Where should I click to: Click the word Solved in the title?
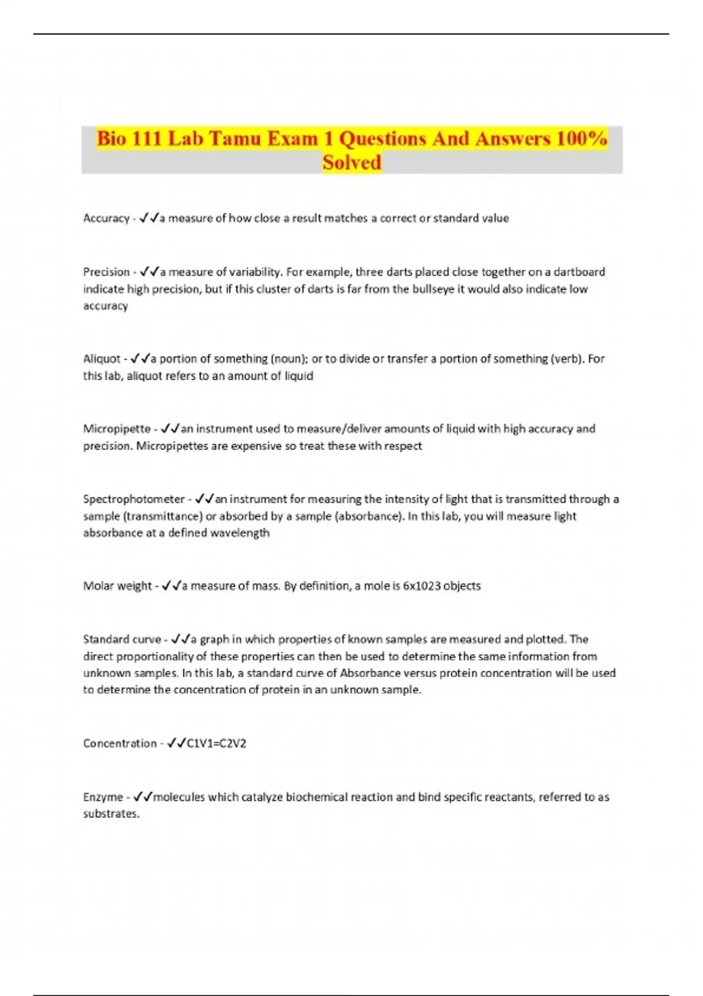coord(351,162)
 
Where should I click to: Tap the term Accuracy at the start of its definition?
coord(106,219)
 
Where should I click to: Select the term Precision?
coord(106,272)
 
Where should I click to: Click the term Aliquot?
coord(101,359)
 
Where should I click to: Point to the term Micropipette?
coord(117,429)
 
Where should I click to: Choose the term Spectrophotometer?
coord(134,499)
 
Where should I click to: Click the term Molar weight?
coord(117,586)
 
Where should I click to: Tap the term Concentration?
coord(120,743)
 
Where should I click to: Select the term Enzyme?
coord(103,797)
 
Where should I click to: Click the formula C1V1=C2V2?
coord(216,743)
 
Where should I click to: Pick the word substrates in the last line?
coord(110,814)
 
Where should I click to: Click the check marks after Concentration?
coord(176,743)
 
